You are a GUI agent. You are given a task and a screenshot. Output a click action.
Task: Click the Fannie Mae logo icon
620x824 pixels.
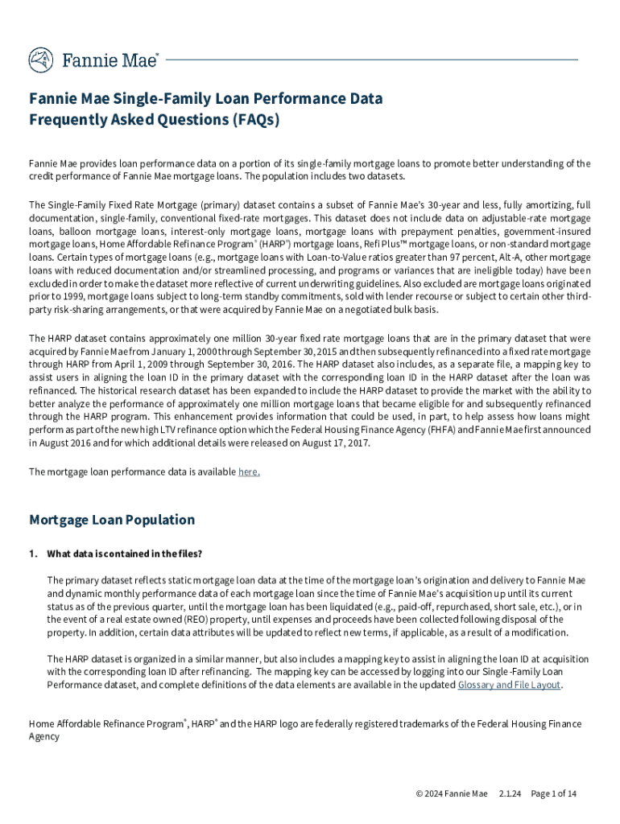click(41, 60)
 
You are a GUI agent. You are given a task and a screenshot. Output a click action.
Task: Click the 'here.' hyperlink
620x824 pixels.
click(249, 472)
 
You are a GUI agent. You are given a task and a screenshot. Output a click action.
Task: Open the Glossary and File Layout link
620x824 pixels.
click(509, 685)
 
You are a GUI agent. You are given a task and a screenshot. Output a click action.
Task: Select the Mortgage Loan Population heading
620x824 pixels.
click(112, 520)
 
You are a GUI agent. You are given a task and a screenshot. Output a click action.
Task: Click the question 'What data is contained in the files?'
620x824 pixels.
click(124, 554)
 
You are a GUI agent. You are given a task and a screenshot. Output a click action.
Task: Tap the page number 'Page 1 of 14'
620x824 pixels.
click(553, 793)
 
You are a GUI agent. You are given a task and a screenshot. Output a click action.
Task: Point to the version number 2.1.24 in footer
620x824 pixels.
click(510, 793)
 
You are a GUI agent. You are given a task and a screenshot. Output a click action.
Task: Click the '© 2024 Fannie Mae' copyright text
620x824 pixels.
click(451, 793)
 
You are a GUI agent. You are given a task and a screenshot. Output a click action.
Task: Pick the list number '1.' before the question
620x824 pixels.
click(33, 554)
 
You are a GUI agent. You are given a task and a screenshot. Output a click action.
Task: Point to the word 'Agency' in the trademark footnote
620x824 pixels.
click(44, 736)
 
